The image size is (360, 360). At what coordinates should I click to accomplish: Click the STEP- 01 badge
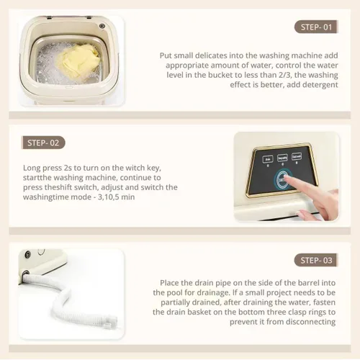tap(316, 27)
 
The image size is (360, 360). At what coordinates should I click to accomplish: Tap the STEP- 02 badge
tap(43, 143)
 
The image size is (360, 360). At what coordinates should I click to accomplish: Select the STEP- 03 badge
tap(316, 260)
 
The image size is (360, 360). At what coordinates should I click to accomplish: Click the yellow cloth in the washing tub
tap(78, 61)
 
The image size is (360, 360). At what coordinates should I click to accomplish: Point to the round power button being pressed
tap(283, 179)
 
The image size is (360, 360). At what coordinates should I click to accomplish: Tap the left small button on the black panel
tap(268, 159)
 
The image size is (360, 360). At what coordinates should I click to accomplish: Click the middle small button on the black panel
tap(282, 158)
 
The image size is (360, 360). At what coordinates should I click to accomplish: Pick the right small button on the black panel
tap(297, 156)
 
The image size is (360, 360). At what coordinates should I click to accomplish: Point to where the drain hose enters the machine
tap(25, 274)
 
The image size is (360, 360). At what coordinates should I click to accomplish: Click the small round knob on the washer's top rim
tap(102, 26)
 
